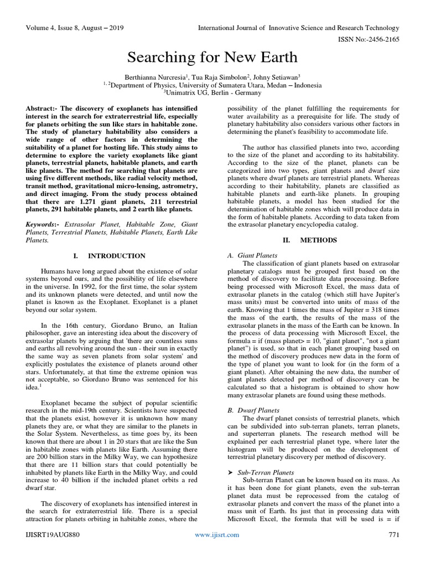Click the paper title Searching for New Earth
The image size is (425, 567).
[212, 57]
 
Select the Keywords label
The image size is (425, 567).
[45, 224]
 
